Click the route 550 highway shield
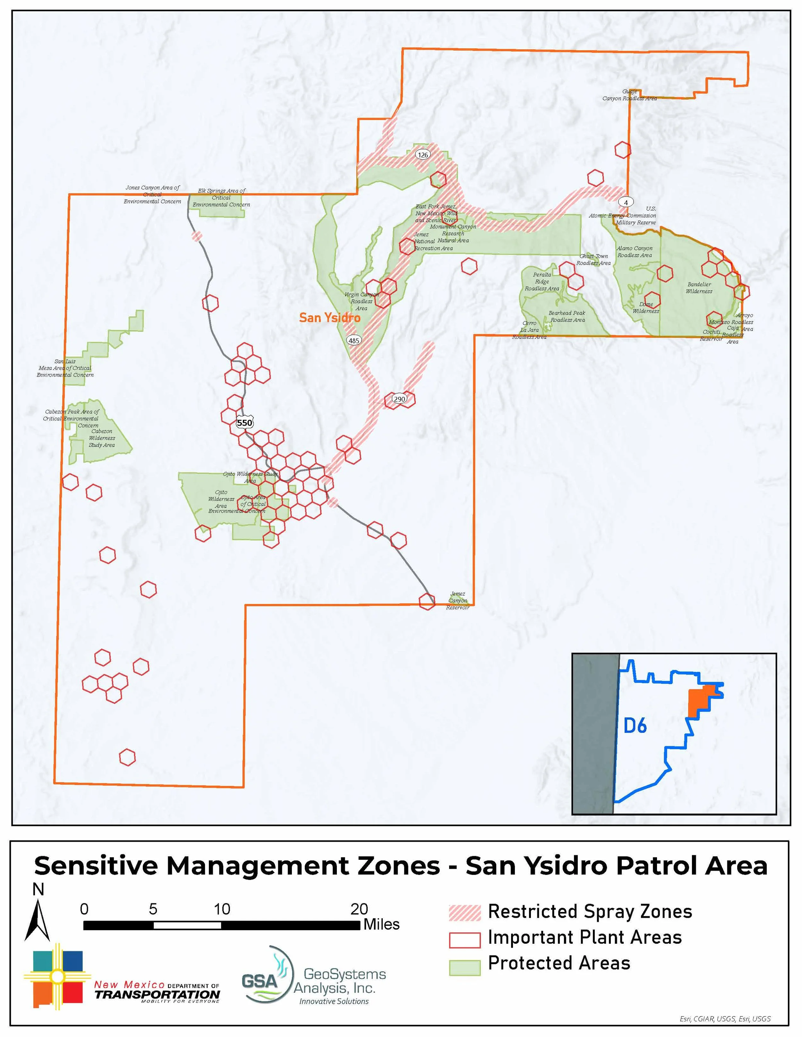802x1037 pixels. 244,422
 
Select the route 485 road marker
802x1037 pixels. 354,340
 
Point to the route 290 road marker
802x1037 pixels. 399,398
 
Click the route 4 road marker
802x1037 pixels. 626,202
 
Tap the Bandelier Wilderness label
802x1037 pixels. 699,288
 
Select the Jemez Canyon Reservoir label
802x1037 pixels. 457,601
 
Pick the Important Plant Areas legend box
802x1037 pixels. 464,938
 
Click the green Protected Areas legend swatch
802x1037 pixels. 464,964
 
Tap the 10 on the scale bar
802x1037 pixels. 221,909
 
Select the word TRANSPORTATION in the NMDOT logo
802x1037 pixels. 157,994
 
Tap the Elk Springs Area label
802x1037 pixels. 221,197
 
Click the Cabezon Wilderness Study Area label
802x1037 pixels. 102,438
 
